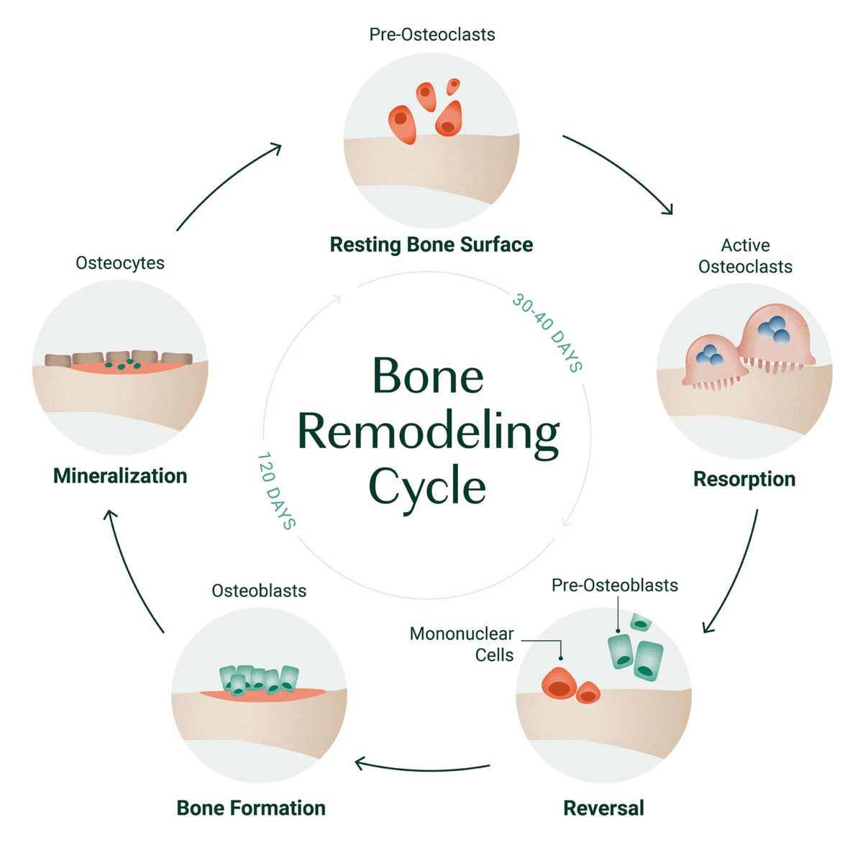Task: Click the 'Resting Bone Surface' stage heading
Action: [x=431, y=245]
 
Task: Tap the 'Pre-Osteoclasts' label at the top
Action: [x=431, y=35]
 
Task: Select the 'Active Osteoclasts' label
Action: [x=745, y=256]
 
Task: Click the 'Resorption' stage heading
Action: [x=744, y=479]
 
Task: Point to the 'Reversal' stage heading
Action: [x=603, y=808]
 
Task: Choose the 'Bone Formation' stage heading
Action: [x=251, y=808]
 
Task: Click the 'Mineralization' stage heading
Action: [x=120, y=476]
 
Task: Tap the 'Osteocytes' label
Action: [x=120, y=263]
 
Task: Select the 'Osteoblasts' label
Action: [x=259, y=590]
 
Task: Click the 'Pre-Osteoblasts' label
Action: [x=615, y=585]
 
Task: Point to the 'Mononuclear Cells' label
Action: [x=462, y=644]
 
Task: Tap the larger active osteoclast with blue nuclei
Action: [x=775, y=334]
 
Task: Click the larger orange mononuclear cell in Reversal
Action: [x=560, y=683]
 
